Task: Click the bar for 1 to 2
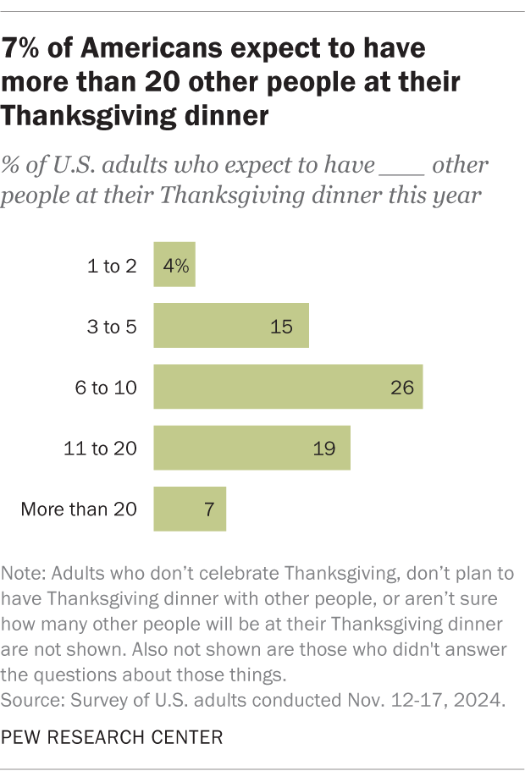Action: [174, 264]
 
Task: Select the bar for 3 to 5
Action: [230, 325]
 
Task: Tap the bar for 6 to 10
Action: [287, 387]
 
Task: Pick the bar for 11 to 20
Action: [251, 448]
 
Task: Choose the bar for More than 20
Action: [189, 509]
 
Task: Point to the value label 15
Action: [282, 326]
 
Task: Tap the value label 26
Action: [401, 387]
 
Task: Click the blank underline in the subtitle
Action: [401, 166]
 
